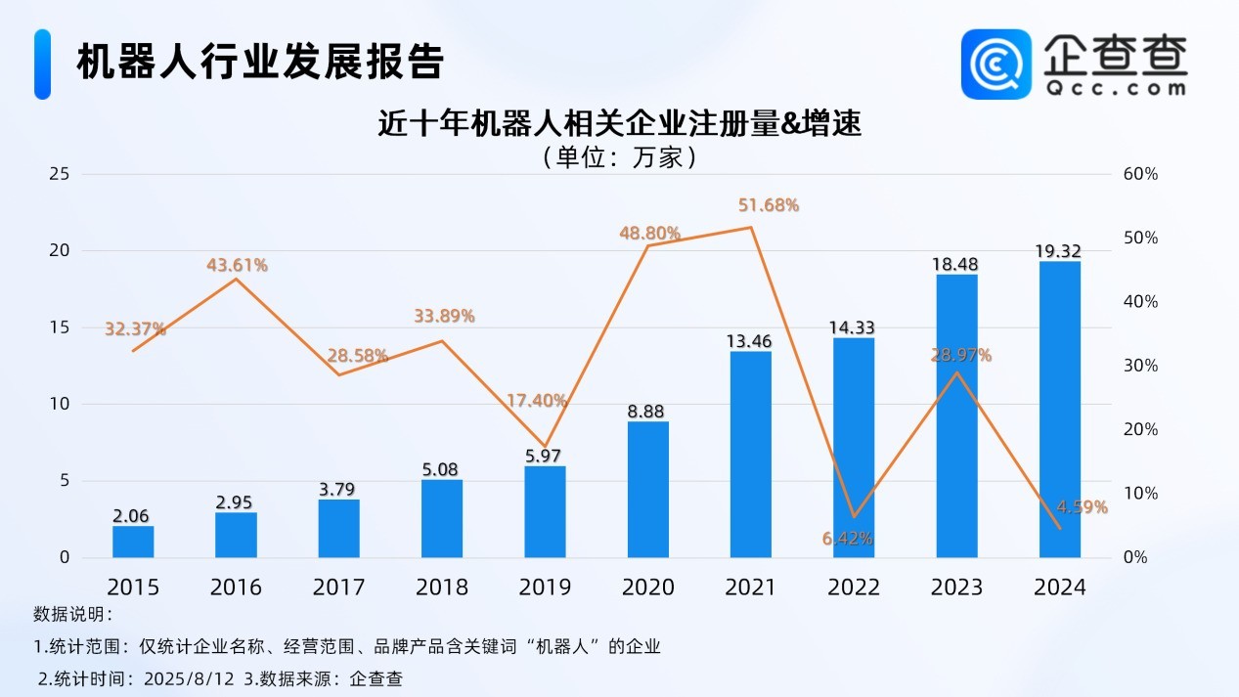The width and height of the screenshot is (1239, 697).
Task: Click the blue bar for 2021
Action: [750, 455]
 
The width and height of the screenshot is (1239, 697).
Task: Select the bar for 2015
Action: [133, 542]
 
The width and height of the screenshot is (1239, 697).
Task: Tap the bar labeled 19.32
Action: [1060, 410]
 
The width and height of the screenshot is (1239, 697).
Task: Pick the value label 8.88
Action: [647, 413]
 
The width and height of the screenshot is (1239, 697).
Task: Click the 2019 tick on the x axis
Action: [545, 587]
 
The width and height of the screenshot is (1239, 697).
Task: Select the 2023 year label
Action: [956, 587]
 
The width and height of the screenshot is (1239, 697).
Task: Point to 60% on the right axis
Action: [1140, 174]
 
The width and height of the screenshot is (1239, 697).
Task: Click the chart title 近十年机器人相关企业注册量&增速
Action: [620, 125]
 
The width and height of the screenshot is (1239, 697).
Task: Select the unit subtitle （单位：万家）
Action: [619, 157]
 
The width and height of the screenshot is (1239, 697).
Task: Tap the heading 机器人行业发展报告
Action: [260, 62]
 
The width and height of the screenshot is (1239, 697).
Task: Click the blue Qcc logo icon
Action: [996, 64]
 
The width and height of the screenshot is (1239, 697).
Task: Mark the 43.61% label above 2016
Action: [237, 265]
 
